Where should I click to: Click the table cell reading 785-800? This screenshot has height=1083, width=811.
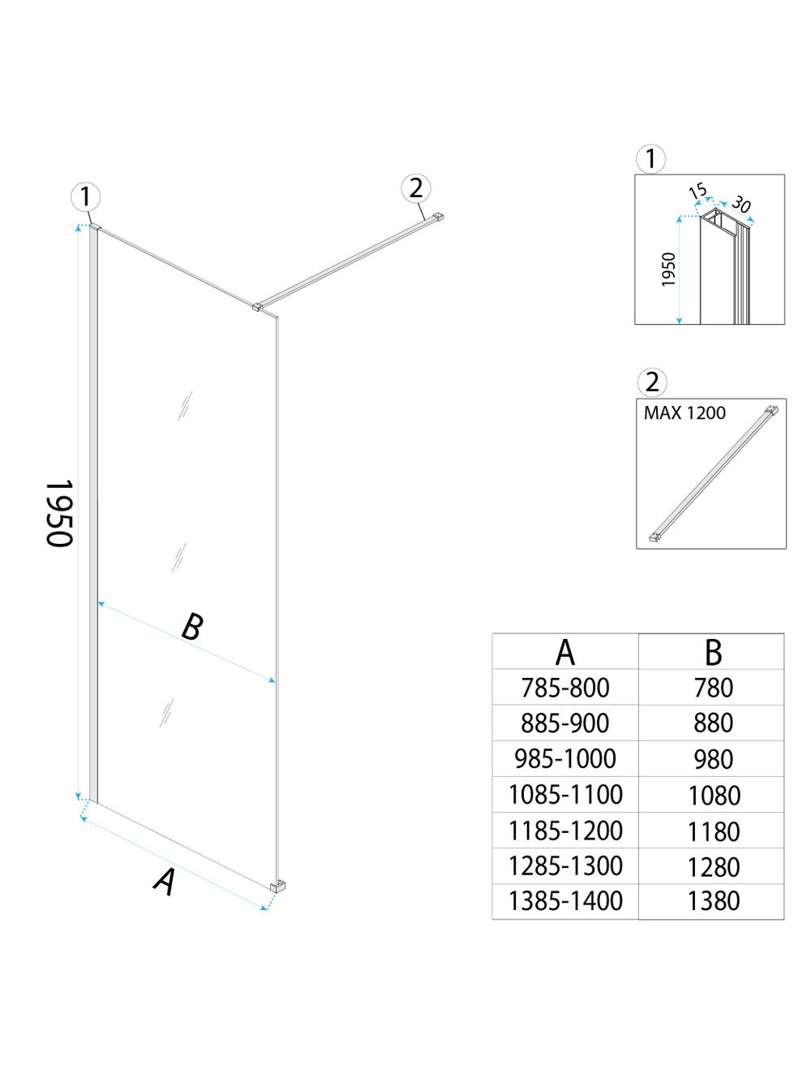[564, 688]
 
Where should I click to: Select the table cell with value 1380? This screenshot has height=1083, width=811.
[713, 900]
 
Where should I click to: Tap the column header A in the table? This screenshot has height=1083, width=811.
[564, 651]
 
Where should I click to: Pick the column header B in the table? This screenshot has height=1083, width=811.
[713, 651]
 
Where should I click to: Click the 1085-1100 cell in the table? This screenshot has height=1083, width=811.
[564, 794]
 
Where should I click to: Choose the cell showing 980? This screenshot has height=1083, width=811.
[713, 759]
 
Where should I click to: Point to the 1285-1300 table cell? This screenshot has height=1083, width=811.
[564, 865]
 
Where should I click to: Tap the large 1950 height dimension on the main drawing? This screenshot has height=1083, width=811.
[58, 513]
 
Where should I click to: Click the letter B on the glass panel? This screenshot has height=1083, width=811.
[191, 627]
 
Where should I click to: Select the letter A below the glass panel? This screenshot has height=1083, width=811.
[165, 882]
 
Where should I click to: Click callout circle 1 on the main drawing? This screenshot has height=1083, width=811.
[86, 197]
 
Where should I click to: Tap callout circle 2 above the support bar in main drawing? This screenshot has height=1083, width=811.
[416, 188]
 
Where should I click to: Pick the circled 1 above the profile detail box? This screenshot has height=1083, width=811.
[651, 159]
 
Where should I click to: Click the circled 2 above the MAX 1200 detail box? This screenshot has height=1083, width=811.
[651, 382]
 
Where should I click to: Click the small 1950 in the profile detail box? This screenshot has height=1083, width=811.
[668, 270]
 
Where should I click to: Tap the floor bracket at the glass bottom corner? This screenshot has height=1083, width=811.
[277, 887]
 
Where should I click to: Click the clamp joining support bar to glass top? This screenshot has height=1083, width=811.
[257, 307]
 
